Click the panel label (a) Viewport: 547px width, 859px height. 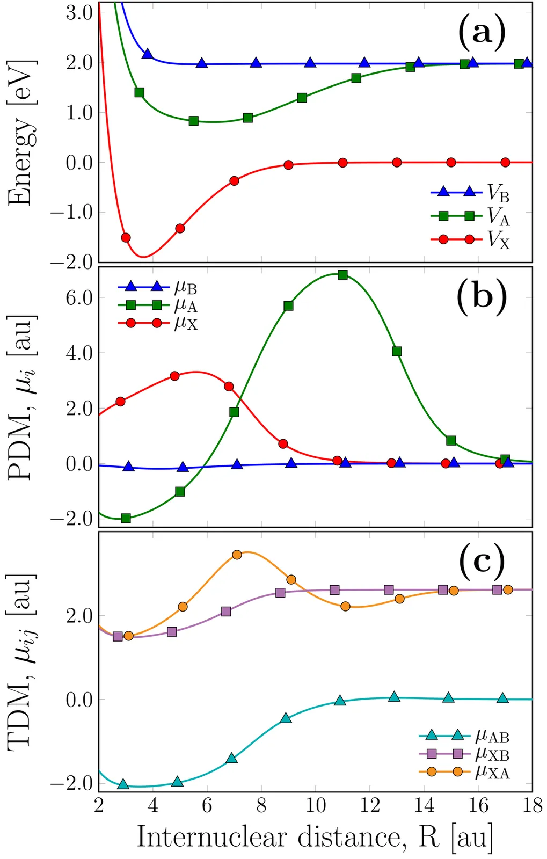coord(482,32)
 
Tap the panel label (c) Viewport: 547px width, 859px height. coord(482,560)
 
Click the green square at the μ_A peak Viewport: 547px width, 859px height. coord(342,275)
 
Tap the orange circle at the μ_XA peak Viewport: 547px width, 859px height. coord(237,555)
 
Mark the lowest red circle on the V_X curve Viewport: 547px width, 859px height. coord(126,237)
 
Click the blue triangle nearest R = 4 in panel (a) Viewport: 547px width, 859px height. coord(147,54)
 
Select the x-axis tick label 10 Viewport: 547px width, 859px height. coord(316,806)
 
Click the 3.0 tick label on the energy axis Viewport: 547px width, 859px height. coord(79,13)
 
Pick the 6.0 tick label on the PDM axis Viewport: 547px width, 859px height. coord(79,298)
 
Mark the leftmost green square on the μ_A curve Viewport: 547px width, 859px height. coord(126,518)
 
